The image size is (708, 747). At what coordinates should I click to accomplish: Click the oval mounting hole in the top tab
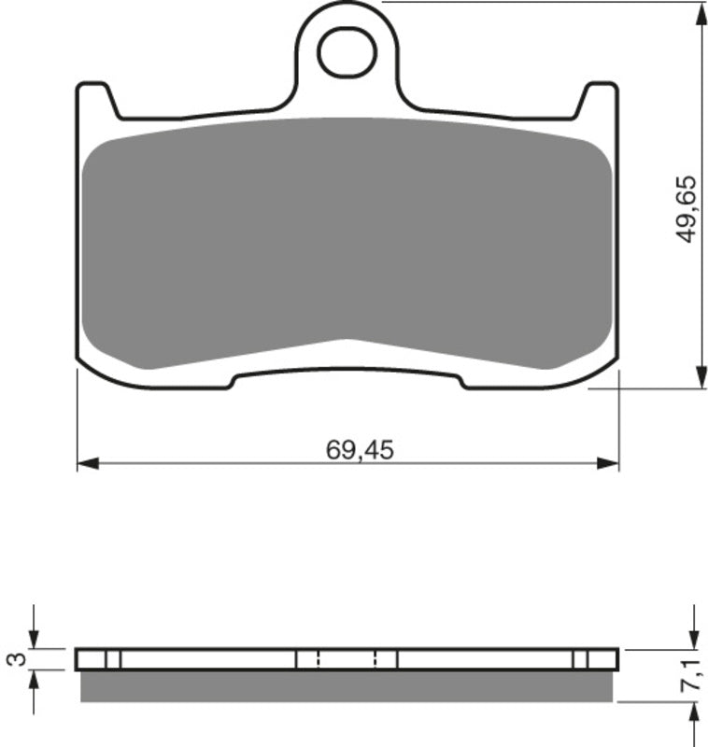(x=347, y=52)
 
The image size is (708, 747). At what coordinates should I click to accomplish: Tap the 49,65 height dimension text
(x=687, y=210)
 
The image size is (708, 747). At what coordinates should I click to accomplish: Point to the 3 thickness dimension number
(x=16, y=659)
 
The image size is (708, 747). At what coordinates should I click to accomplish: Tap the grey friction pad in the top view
(x=347, y=243)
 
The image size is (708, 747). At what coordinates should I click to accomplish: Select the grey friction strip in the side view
(x=347, y=685)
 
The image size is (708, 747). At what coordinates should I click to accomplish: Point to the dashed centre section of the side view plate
(x=347, y=659)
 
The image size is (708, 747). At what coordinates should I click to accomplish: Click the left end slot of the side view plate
(x=112, y=659)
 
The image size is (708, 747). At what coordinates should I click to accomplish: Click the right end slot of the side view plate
(x=580, y=659)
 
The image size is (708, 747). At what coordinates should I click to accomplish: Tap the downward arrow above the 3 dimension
(x=35, y=635)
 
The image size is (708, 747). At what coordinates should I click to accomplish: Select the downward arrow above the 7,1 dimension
(x=693, y=635)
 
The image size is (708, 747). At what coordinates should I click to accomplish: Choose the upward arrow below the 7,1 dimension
(x=693, y=714)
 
